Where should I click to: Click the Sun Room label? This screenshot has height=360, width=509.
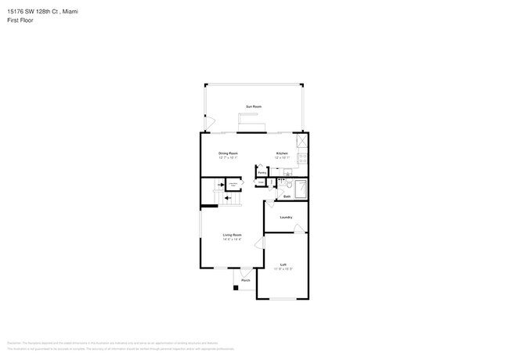pos(254,106)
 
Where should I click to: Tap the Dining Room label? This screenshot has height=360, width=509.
pos(228,153)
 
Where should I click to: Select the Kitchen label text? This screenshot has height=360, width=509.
pos(282,153)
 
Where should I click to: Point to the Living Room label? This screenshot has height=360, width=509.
pos(232,235)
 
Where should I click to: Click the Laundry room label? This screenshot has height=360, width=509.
pos(287,217)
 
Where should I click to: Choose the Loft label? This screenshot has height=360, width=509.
pos(283,265)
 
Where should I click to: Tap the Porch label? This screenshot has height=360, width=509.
pos(245,279)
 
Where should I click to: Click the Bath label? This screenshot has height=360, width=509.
pos(287,196)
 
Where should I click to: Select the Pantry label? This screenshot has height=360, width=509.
pos(262,174)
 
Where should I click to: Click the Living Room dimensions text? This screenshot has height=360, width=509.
pos(232,239)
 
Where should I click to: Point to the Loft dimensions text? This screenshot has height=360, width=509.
pos(283,269)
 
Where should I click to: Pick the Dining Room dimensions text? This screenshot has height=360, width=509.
pos(228,157)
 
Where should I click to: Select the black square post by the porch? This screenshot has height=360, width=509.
pos(236,287)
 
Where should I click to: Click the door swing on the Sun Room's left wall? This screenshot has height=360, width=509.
pos(208,122)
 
